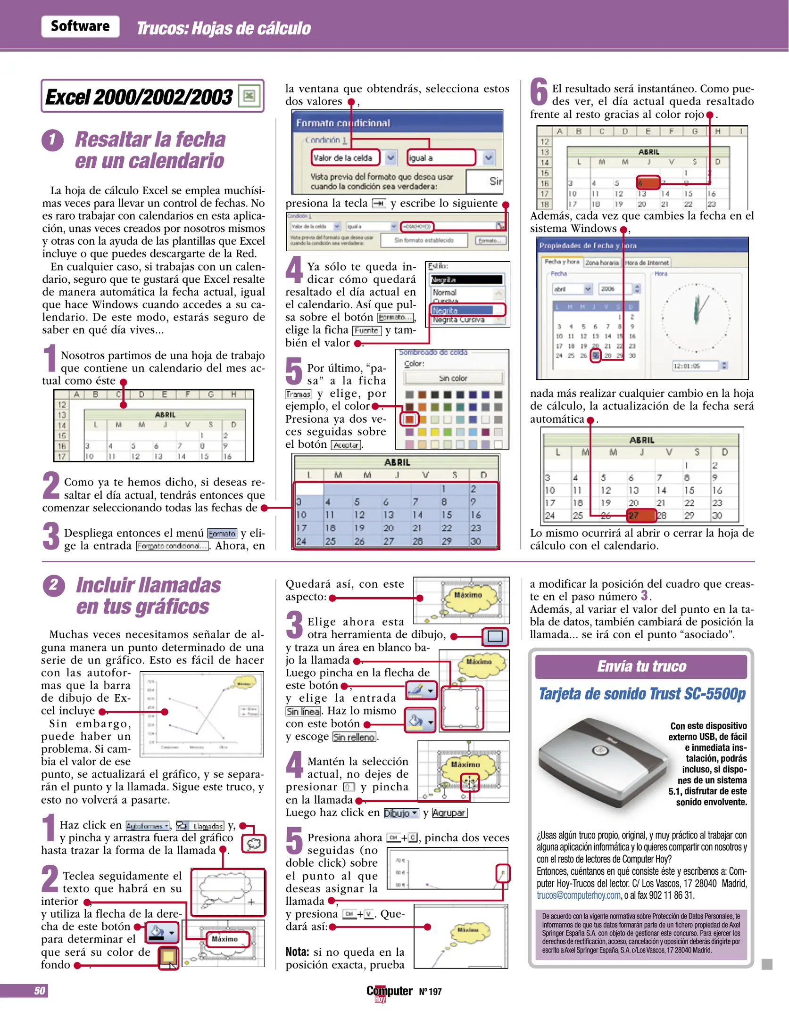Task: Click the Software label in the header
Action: (x=80, y=26)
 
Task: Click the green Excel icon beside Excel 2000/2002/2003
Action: (x=249, y=96)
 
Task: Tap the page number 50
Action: (x=40, y=991)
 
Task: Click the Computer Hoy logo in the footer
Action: (x=389, y=992)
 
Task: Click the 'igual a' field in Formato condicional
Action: (x=441, y=158)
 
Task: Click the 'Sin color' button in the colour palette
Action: (x=453, y=378)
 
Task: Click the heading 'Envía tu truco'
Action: (x=641, y=666)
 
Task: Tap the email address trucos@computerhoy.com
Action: (x=578, y=895)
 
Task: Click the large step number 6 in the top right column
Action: (x=539, y=92)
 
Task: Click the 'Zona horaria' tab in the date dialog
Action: (x=602, y=263)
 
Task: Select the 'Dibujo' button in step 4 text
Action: (x=400, y=813)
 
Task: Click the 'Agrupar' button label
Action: (x=449, y=813)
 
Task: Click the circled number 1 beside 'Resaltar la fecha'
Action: (x=52, y=140)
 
